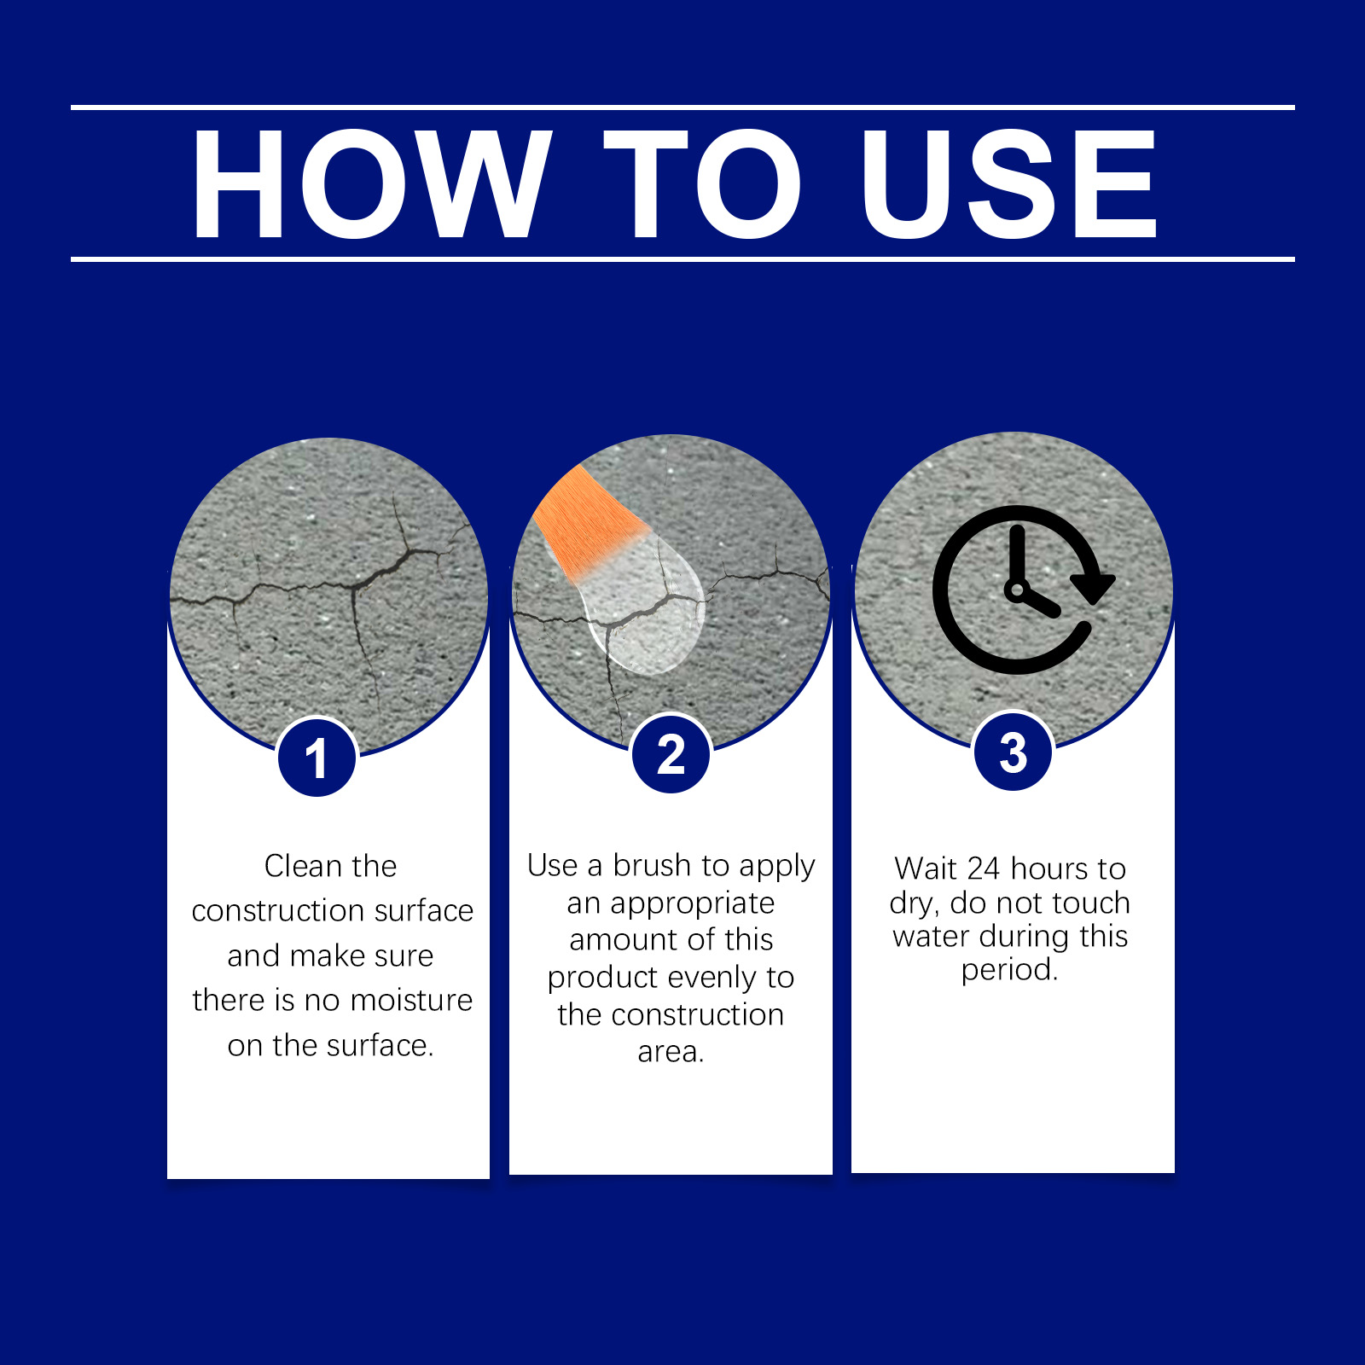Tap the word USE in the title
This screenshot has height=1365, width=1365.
(1008, 184)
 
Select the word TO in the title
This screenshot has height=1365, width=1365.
(702, 184)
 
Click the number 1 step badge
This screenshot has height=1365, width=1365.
(317, 758)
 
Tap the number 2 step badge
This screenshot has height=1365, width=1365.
(671, 753)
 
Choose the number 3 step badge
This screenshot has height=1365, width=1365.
(1013, 752)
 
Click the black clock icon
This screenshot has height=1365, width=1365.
(1023, 590)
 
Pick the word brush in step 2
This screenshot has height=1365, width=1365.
(652, 865)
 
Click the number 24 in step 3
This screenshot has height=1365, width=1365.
(983, 868)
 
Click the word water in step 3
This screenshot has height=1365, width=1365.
(932, 936)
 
